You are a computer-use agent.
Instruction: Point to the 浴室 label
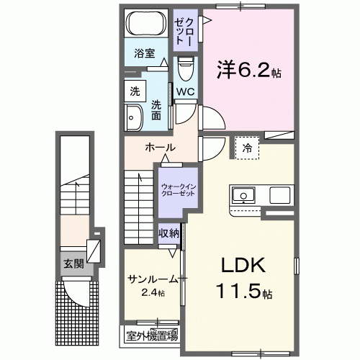[144, 53]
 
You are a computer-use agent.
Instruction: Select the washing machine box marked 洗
[134, 91]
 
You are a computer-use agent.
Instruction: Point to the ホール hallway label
[159, 148]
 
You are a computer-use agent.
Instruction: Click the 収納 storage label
[169, 234]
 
